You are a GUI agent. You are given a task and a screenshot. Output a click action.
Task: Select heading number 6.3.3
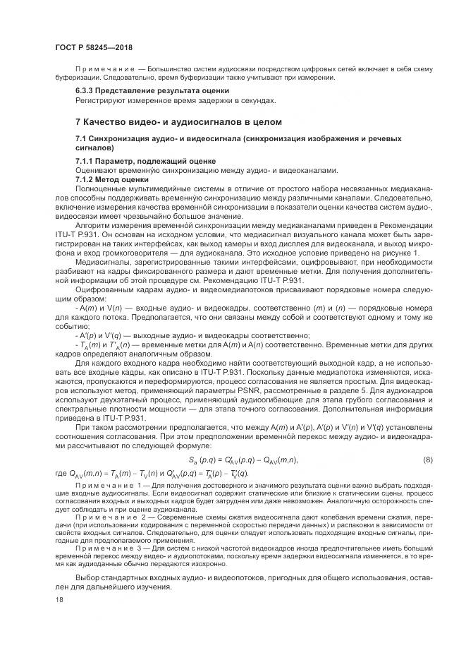point(87,91)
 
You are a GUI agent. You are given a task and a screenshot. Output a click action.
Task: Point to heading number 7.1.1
point(87,162)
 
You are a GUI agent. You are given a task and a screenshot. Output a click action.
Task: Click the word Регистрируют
point(99,100)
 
